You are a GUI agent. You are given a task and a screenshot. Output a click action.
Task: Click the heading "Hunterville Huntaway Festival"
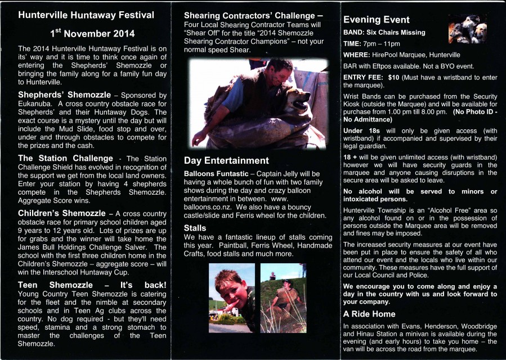tap(86, 15)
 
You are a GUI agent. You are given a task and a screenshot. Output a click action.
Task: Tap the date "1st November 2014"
tap(92, 34)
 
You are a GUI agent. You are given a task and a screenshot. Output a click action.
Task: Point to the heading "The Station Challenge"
tap(65, 158)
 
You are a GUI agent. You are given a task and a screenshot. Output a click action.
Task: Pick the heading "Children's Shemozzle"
tap(62, 213)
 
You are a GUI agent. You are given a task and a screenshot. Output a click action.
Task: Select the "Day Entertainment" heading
tap(226, 160)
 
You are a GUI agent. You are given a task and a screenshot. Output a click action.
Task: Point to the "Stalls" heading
tap(195, 228)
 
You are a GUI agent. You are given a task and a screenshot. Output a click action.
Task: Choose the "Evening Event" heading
tap(377, 20)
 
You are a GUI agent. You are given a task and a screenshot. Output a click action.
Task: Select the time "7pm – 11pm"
tap(382, 43)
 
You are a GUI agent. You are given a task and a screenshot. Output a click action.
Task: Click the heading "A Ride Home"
tap(369, 313)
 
